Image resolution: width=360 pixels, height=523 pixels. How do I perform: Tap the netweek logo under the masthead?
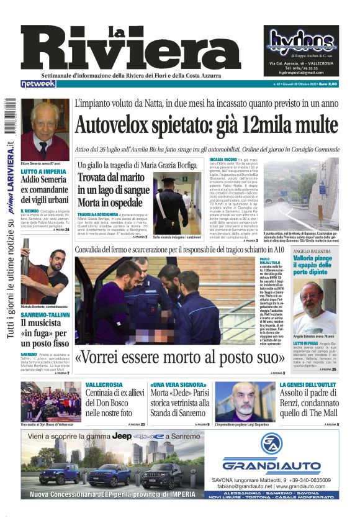tap(37, 83)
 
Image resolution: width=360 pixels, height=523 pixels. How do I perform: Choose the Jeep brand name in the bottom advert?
tap(122, 437)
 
